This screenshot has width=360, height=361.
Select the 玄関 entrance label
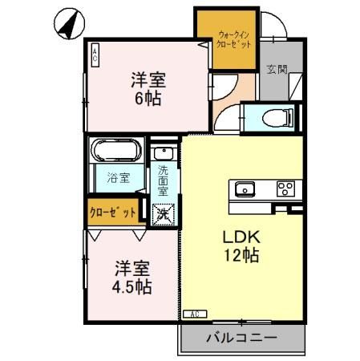pos(277,69)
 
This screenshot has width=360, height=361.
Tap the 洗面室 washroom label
pos(164,182)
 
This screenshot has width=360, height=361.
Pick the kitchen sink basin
pos(243,189)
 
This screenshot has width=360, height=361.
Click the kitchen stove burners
pos(285,189)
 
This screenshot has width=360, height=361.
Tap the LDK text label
pos(240,238)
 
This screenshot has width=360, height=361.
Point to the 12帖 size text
pos(240,257)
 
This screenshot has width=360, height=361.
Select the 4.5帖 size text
pos(132,286)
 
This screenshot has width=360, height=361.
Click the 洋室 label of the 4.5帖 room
pos(132,267)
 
